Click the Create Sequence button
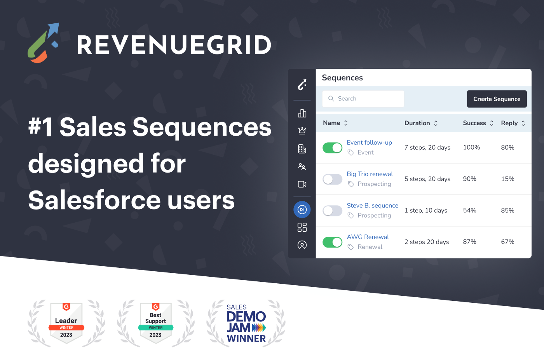pos(497,99)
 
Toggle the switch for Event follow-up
pos(332,148)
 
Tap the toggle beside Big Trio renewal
pos(332,179)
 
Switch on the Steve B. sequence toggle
pos(332,211)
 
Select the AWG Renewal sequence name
pos(368,237)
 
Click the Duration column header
pos(417,123)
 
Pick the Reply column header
pos(509,123)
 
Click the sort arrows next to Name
pos(346,123)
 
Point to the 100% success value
pos(471,148)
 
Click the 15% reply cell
pos(507,179)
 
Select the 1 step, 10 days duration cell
pos(425,211)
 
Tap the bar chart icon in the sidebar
pos(302,113)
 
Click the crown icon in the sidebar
pos(302,131)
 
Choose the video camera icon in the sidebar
pos(302,184)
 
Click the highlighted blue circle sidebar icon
pos(302,210)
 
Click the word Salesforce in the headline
pos(94,201)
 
